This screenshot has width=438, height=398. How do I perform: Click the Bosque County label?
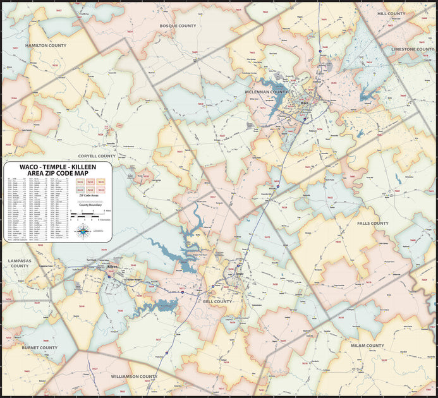(x=178, y=26)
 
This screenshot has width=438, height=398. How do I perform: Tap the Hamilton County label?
(x=46, y=45)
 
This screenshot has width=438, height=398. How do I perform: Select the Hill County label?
(x=391, y=13)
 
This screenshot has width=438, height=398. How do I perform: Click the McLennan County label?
(x=266, y=92)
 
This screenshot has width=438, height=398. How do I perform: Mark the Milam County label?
(x=367, y=346)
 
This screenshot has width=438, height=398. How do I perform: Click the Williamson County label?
(x=134, y=377)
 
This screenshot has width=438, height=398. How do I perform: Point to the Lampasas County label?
(x=19, y=263)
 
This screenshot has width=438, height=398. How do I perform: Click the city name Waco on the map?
(x=306, y=102)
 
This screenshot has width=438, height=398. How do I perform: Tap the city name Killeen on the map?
(x=113, y=267)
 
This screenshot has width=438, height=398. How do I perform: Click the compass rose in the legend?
(x=82, y=231)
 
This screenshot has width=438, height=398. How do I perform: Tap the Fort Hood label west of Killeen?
(x=92, y=260)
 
